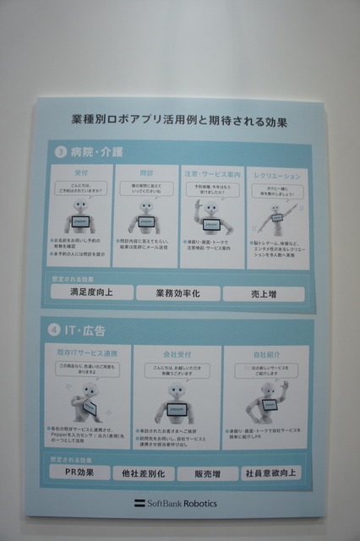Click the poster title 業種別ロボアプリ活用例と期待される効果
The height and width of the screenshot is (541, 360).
[179, 122]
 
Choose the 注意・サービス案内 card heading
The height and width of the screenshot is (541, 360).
[212, 172]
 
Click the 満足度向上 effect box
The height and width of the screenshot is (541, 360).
[90, 292]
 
